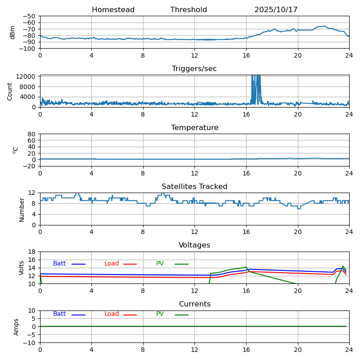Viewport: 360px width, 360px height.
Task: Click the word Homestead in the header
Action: (x=113, y=10)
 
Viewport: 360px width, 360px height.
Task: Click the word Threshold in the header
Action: (x=189, y=10)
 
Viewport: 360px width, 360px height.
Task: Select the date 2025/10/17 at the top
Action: (x=276, y=10)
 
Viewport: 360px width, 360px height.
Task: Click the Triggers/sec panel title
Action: (x=194, y=69)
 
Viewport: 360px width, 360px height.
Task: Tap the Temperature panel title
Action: (x=194, y=128)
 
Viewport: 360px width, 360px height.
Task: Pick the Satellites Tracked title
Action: (x=194, y=187)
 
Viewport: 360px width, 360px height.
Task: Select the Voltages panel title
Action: (x=194, y=245)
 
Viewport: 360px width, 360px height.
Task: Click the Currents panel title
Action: (x=194, y=304)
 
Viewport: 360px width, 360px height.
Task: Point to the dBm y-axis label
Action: (x=13, y=32)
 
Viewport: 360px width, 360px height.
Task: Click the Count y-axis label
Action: (x=10, y=91)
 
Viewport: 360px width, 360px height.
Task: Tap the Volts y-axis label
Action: (x=22, y=268)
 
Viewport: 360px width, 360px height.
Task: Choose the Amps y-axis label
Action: (x=16, y=327)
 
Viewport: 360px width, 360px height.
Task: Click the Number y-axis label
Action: (x=22, y=209)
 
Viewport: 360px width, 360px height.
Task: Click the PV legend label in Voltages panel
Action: (x=160, y=264)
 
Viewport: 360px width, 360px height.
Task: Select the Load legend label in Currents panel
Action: (x=112, y=314)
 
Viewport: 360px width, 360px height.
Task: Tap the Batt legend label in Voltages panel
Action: (x=59, y=264)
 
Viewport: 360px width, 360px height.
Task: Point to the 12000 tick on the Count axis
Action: (x=27, y=77)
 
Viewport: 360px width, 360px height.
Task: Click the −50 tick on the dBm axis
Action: (x=29, y=16)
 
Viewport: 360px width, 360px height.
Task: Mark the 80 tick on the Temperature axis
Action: (x=31, y=134)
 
